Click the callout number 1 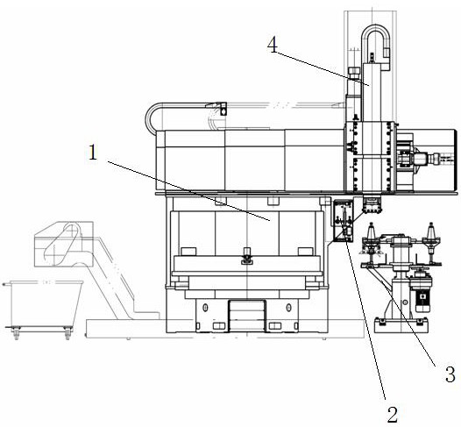[x=93, y=153]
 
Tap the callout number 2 [x=393, y=415]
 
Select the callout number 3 [x=450, y=374]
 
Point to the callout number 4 [x=273, y=46]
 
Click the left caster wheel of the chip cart [x=16, y=334]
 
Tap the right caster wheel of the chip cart [x=67, y=334]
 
